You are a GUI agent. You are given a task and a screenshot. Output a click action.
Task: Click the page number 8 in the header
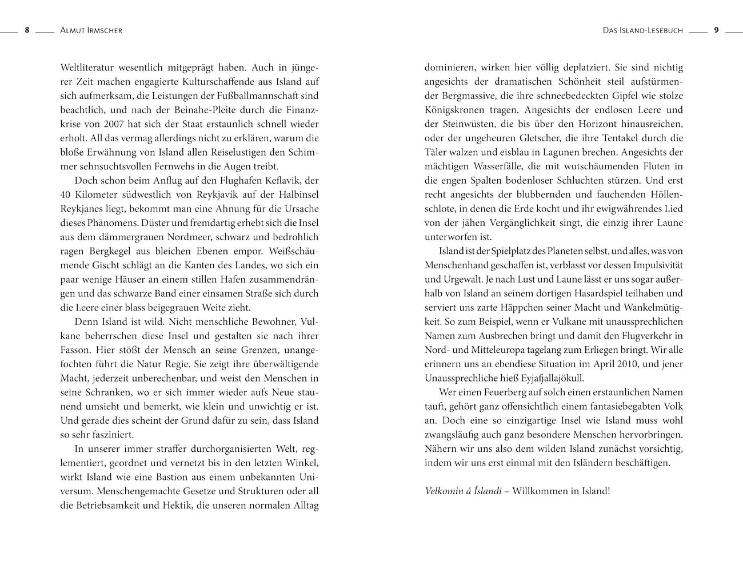27,30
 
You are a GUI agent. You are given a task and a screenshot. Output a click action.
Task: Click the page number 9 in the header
716,30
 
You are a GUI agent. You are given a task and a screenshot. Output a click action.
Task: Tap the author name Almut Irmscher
91,30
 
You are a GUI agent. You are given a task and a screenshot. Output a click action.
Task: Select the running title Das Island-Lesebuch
642,30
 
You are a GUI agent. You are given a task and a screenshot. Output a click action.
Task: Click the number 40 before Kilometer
66,194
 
